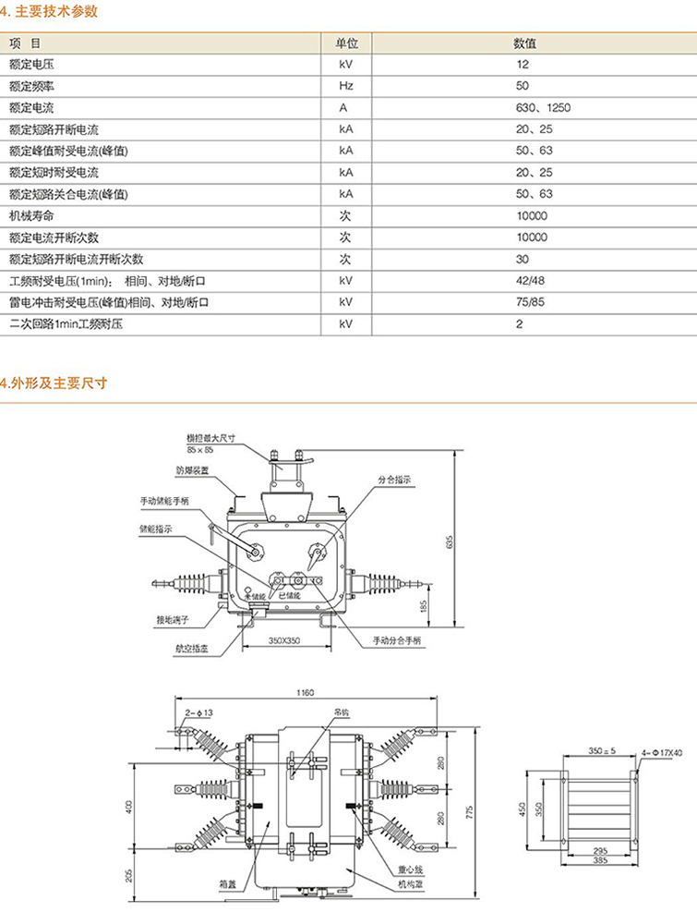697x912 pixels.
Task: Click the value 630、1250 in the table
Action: click(544, 108)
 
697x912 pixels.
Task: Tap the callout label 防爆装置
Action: click(192, 469)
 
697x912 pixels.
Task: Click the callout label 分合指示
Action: click(394, 480)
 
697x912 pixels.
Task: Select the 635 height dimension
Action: click(450, 542)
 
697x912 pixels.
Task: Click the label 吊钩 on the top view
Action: click(341, 712)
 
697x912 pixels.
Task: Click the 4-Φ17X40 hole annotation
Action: click(660, 752)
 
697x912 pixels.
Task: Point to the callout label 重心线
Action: click(409, 869)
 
